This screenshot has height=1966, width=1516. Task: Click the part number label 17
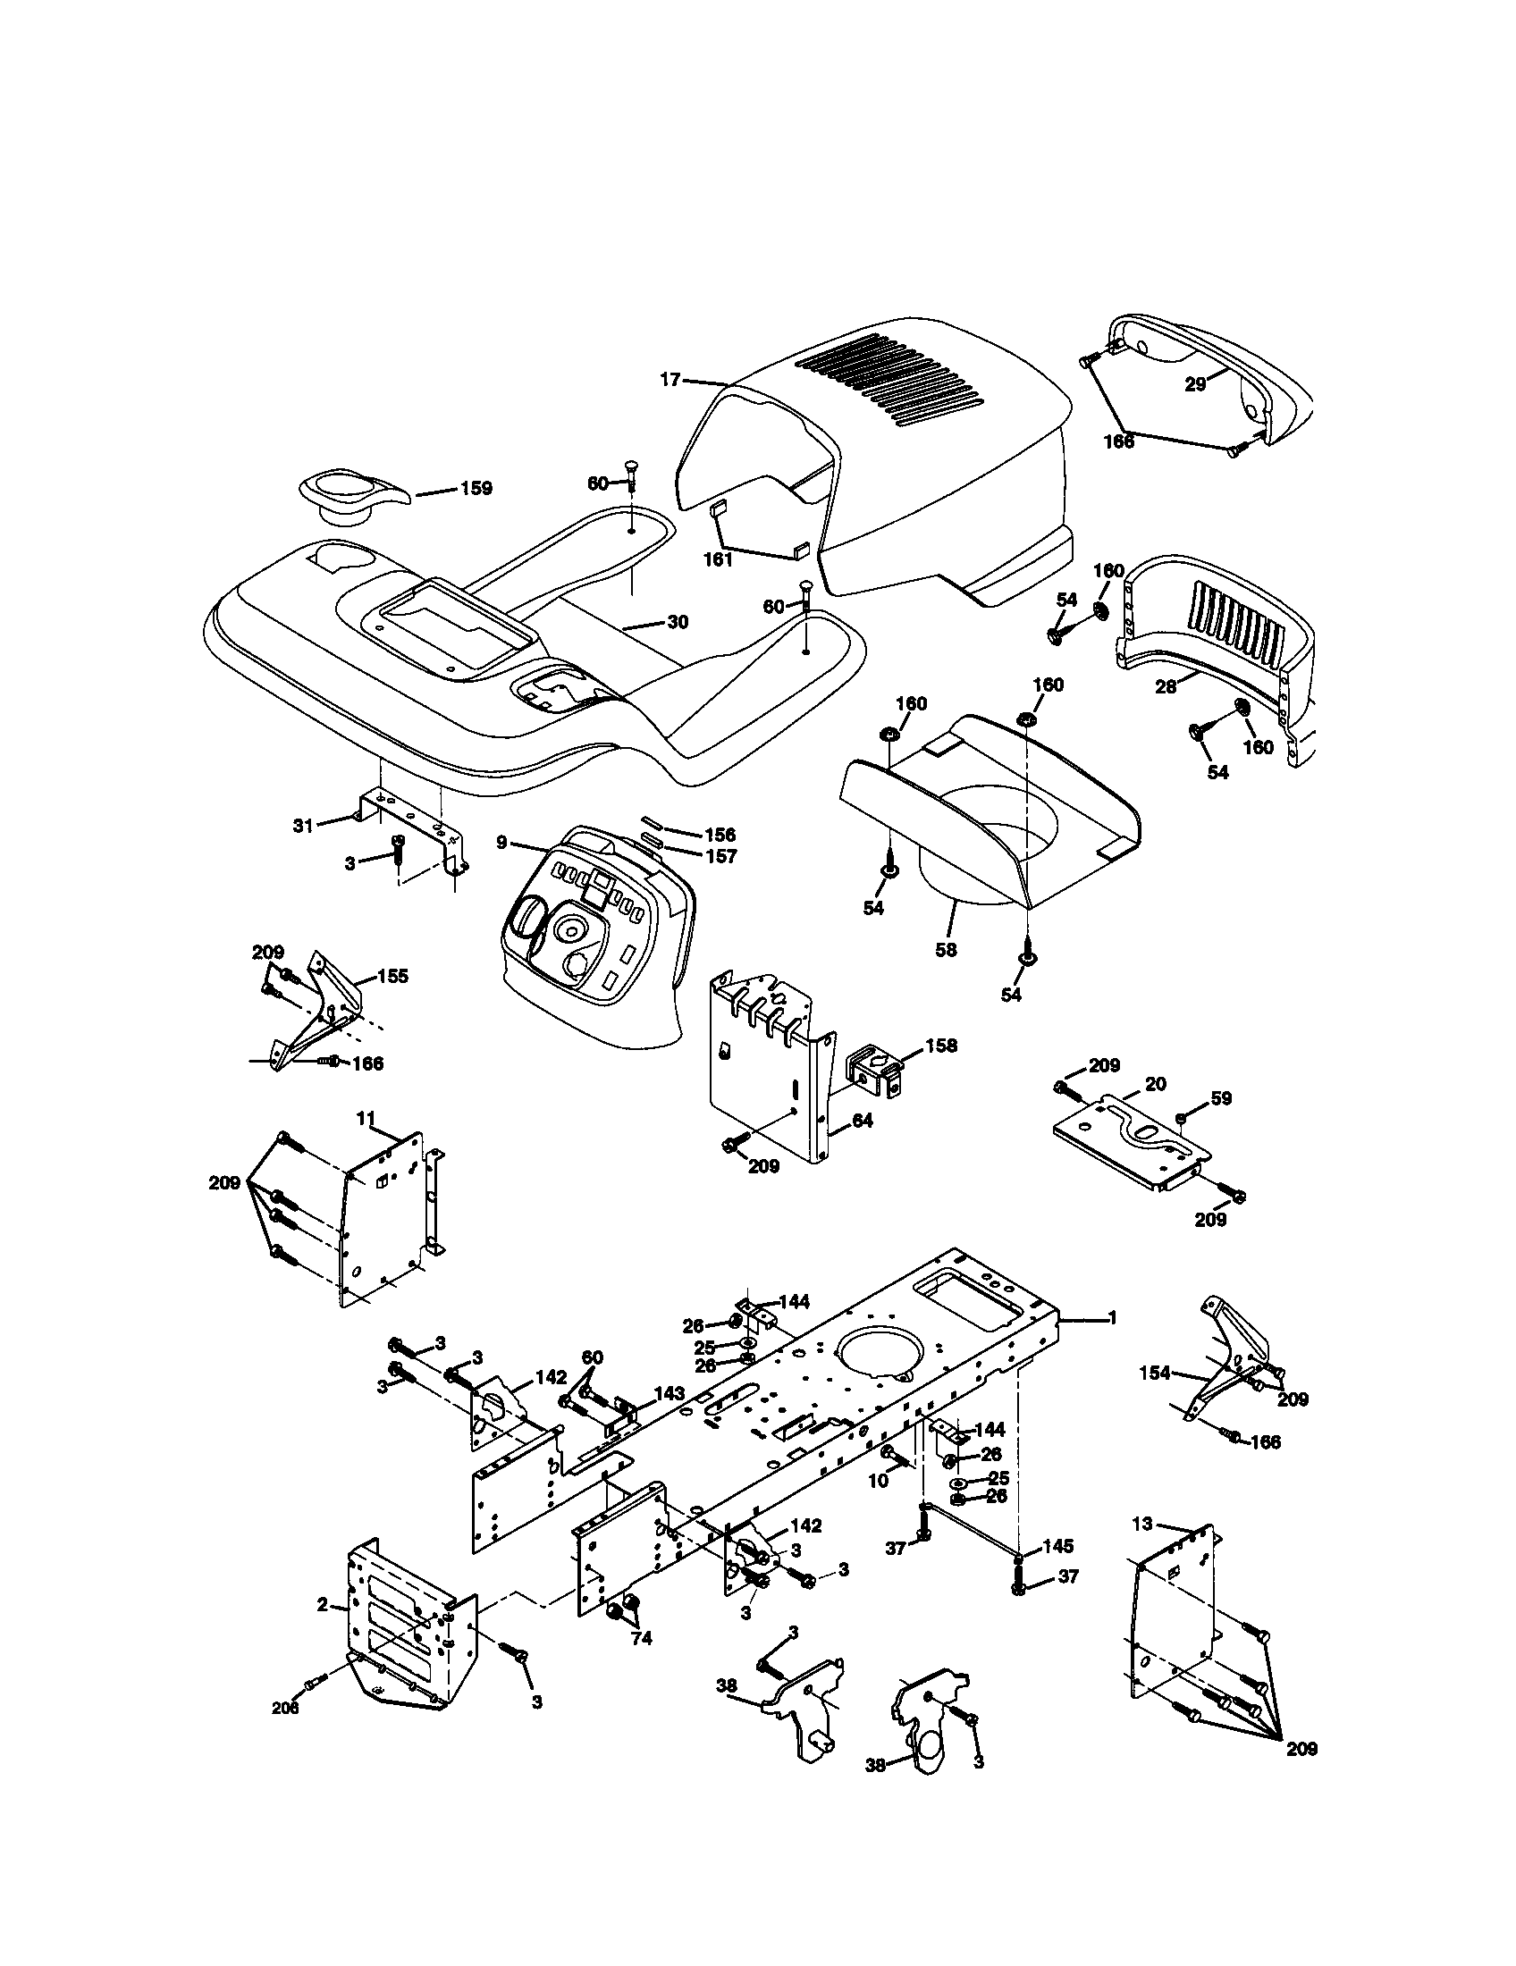coord(670,380)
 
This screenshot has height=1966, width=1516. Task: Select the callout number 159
coord(476,489)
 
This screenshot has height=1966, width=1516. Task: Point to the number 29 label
coord(1194,384)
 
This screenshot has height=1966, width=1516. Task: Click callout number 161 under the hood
coord(719,559)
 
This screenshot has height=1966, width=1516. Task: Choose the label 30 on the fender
coord(677,622)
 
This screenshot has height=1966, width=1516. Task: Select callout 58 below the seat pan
coord(945,949)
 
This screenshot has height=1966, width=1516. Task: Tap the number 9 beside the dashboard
coord(501,843)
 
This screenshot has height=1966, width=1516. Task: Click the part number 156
coord(721,835)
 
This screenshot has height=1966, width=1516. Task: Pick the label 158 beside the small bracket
coord(941,1046)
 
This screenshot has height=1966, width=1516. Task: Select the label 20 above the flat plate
coord(1155,1084)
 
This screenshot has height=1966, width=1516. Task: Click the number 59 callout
coord(1222,1098)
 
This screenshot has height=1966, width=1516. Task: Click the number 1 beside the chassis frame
coord(1112,1318)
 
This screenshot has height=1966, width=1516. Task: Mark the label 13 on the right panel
coord(1142,1524)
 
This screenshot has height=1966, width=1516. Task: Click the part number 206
coord(285,1708)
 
